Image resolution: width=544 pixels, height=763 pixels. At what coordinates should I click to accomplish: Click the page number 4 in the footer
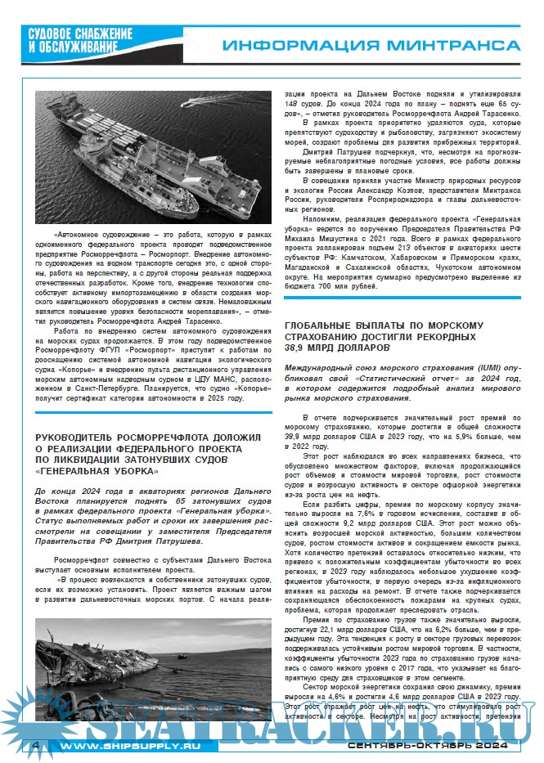[x=35, y=746]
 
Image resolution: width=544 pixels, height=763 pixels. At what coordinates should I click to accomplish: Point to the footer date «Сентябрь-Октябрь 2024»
[x=428, y=747]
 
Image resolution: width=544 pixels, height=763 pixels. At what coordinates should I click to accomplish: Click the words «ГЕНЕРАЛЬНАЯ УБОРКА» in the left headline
[x=97, y=471]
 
